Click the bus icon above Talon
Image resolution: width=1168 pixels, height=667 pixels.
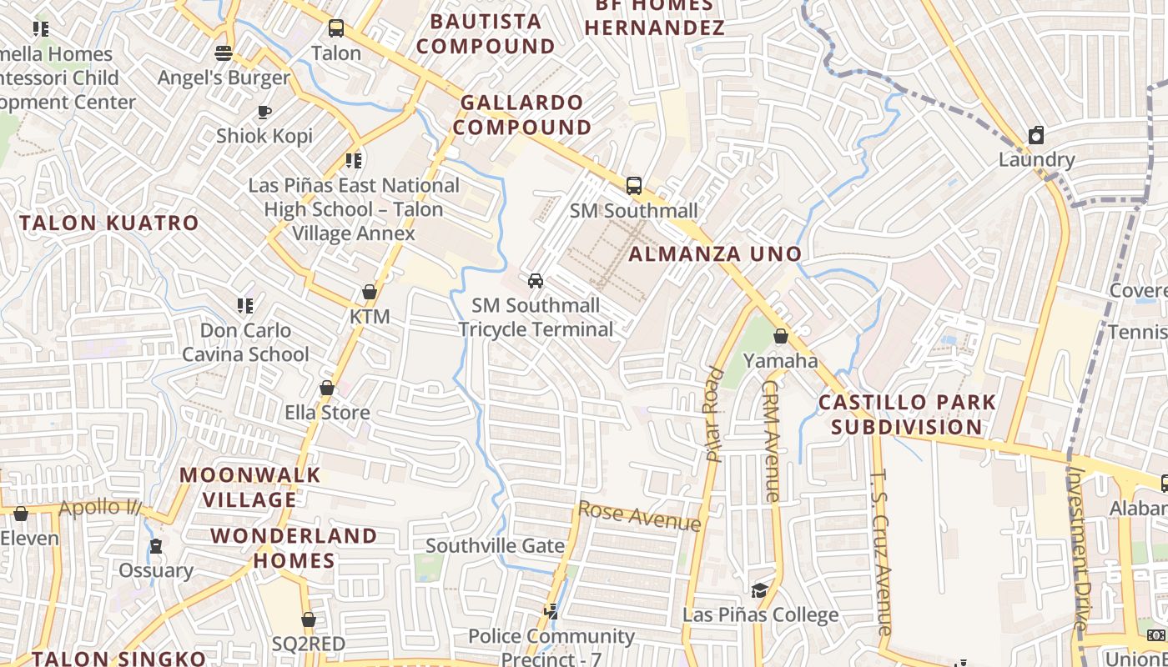pyautogui.click(x=336, y=28)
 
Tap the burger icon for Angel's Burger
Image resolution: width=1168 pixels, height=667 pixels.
pyautogui.click(x=224, y=53)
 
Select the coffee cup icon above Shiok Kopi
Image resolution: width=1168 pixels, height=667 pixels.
pyautogui.click(x=264, y=111)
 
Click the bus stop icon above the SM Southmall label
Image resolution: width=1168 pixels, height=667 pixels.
pyautogui.click(x=634, y=185)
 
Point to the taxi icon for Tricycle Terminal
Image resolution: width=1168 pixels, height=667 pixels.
pyautogui.click(x=536, y=280)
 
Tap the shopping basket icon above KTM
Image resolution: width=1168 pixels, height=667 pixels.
pyautogui.click(x=370, y=292)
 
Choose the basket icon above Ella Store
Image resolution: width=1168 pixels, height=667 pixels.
pyautogui.click(x=327, y=388)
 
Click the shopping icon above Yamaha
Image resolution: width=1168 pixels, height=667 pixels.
pyautogui.click(x=781, y=336)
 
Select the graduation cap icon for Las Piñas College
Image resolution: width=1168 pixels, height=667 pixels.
pyautogui.click(x=759, y=590)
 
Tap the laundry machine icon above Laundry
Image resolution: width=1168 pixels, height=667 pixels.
pyautogui.click(x=1036, y=134)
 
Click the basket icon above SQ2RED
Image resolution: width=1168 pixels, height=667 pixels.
pyautogui.click(x=309, y=619)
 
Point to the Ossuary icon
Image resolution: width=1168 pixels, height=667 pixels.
pyautogui.click(x=156, y=546)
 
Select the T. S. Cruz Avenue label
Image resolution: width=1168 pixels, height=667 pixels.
pyautogui.click(x=882, y=551)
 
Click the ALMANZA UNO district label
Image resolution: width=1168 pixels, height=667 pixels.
pyautogui.click(x=715, y=253)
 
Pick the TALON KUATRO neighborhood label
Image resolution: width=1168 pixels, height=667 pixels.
pyautogui.click(x=109, y=223)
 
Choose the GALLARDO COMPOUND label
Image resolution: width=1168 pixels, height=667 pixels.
pyautogui.click(x=523, y=115)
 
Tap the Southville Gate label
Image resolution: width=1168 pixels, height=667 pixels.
pyautogui.click(x=496, y=545)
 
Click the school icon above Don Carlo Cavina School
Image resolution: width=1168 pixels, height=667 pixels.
pyautogui.click(x=245, y=305)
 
